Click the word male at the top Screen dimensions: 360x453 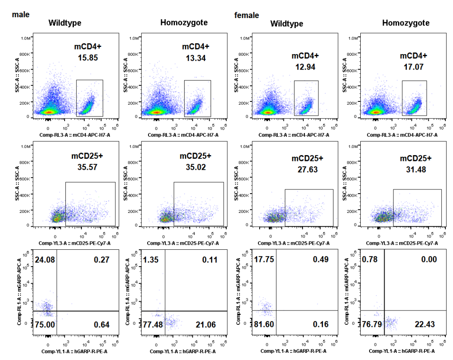[x=21, y=15]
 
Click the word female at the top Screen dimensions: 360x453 [x=246, y=16]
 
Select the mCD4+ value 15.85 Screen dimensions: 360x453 [x=88, y=58]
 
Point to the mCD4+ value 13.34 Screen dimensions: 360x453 [x=195, y=58]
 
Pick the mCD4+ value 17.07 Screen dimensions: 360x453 [x=413, y=67]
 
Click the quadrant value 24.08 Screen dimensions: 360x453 [x=46, y=260]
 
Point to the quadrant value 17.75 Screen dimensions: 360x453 [x=265, y=260]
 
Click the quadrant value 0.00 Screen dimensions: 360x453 [x=428, y=260]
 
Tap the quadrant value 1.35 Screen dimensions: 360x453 [x=152, y=260]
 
